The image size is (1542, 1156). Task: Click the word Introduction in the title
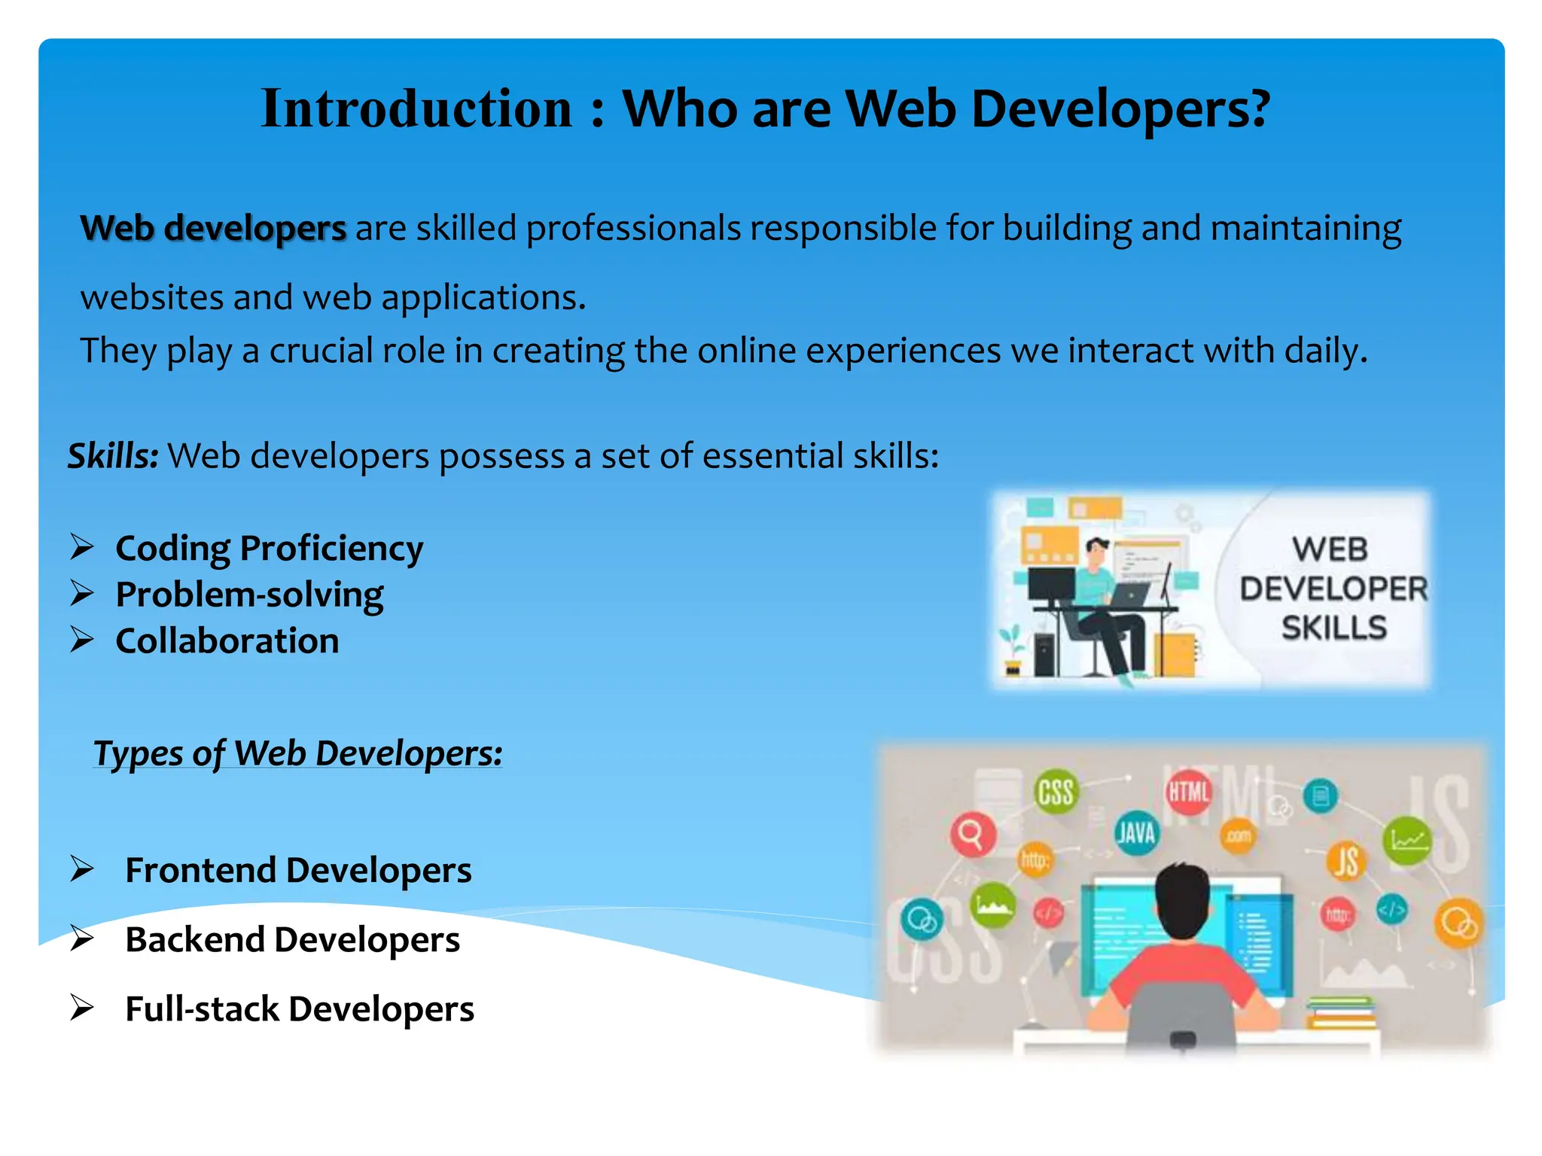pyautogui.click(x=416, y=109)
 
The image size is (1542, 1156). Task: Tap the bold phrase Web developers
pyautogui.click(x=213, y=228)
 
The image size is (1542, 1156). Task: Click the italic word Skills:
pyautogui.click(x=113, y=456)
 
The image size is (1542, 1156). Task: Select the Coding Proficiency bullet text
pyautogui.click(x=269, y=548)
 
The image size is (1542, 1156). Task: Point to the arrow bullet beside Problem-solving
pyautogui.click(x=81, y=593)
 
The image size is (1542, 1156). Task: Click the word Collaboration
pyautogui.click(x=227, y=641)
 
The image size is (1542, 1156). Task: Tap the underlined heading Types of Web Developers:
pyautogui.click(x=297, y=753)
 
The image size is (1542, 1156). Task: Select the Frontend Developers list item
pyautogui.click(x=298, y=870)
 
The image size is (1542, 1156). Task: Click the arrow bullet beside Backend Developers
pyautogui.click(x=81, y=938)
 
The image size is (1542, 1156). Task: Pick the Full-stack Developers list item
pyautogui.click(x=299, y=1009)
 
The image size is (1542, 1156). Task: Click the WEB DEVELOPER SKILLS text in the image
pyautogui.click(x=1333, y=589)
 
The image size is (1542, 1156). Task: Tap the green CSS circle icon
pyautogui.click(x=1056, y=792)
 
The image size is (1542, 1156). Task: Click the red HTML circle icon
pyautogui.click(x=1189, y=792)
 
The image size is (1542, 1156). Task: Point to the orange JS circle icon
pyautogui.click(x=1347, y=861)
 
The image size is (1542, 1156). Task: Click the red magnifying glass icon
pyautogui.click(x=972, y=834)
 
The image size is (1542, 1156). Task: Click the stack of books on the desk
pyautogui.click(x=1341, y=1012)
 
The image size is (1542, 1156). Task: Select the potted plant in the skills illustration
pyautogui.click(x=1012, y=652)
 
